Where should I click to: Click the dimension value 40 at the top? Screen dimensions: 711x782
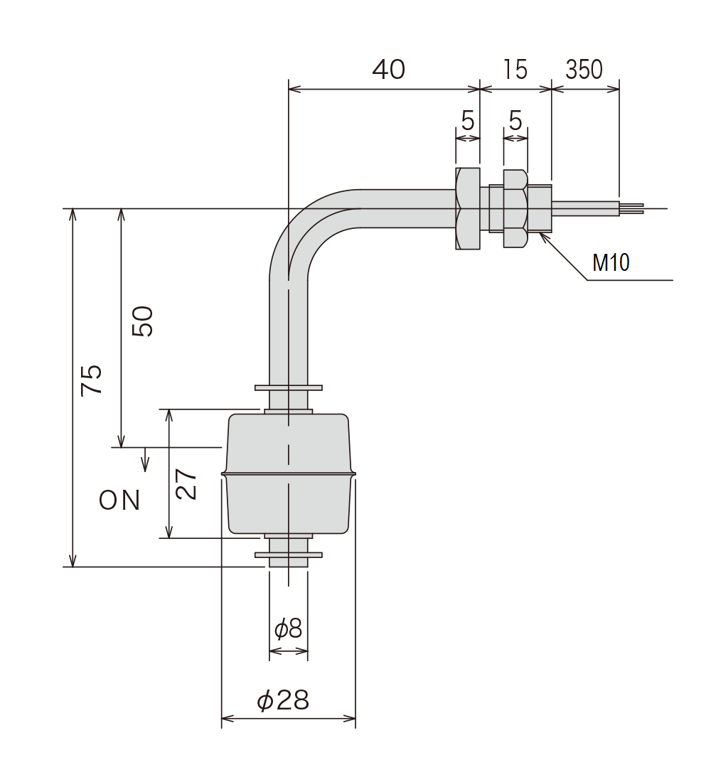389,70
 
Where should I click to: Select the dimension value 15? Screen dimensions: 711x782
515,70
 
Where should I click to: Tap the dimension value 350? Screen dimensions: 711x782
584,70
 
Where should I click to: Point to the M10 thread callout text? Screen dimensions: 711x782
611,263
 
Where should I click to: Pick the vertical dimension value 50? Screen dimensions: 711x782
143,321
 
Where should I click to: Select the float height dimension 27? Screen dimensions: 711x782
186,484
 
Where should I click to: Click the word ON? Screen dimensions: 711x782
119,500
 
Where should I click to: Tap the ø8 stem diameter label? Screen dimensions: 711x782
289,628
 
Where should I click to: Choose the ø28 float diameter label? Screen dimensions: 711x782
283,700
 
